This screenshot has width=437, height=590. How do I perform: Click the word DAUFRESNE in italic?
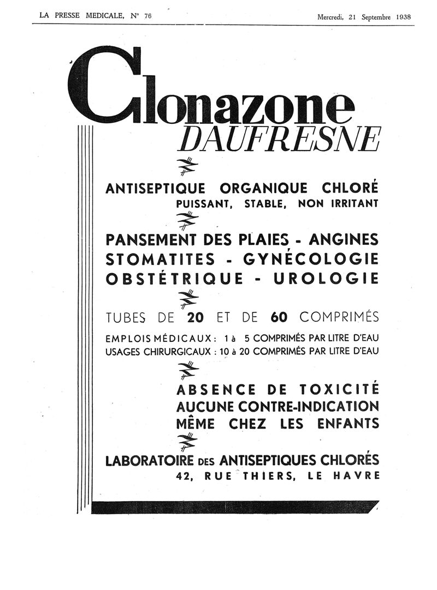(278, 140)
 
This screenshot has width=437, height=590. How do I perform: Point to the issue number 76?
(147, 16)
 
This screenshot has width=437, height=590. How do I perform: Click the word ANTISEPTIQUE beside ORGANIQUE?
(155, 189)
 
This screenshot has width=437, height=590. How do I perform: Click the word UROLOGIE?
(333, 278)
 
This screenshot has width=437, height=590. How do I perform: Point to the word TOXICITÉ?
(339, 390)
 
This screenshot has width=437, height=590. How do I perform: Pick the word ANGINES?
(343, 239)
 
